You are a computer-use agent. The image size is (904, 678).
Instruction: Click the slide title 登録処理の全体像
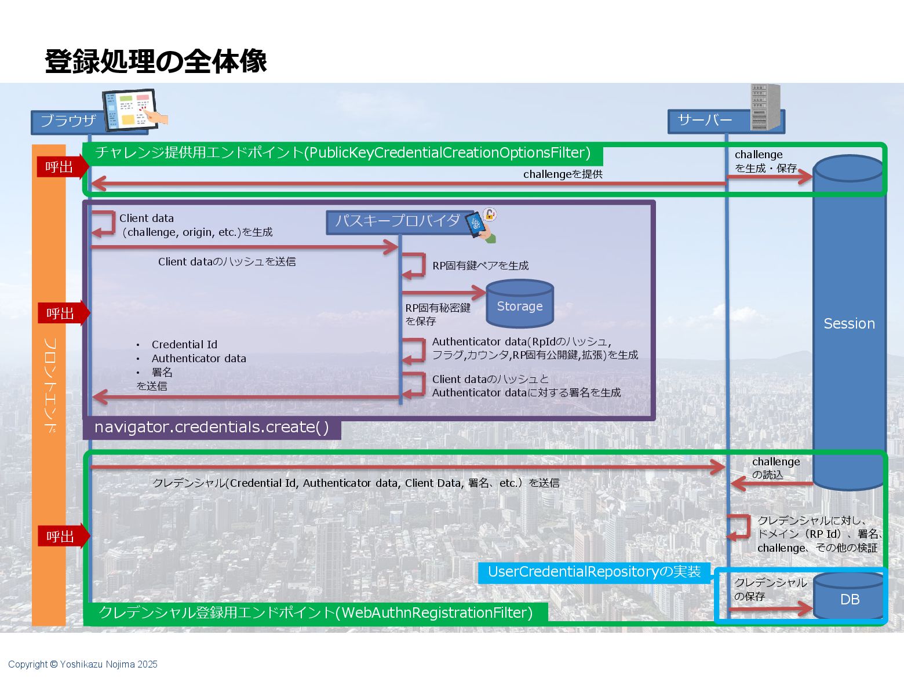pyautogui.click(x=155, y=61)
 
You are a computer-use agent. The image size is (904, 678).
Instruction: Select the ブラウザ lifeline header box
pyautogui.click(x=68, y=121)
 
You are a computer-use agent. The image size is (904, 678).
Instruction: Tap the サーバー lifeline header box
pyautogui.click(x=706, y=121)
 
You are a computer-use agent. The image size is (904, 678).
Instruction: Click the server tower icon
pyautogui.click(x=765, y=107)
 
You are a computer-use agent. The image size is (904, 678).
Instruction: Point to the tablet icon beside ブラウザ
pyautogui.click(x=132, y=110)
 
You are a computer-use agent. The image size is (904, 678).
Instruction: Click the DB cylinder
pyautogui.click(x=849, y=597)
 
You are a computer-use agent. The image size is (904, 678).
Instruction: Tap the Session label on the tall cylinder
pyautogui.click(x=849, y=323)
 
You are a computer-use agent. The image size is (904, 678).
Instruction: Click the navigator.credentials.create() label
pyautogui.click(x=212, y=428)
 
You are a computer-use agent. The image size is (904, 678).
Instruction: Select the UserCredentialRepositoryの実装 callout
pyautogui.click(x=594, y=572)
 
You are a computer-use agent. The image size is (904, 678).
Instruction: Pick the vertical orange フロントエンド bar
pyautogui.click(x=49, y=385)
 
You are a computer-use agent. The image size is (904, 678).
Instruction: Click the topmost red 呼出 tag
pyautogui.click(x=60, y=167)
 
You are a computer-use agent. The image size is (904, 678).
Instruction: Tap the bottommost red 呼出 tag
pyautogui.click(x=60, y=536)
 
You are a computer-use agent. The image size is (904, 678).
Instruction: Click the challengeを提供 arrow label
pyautogui.click(x=562, y=174)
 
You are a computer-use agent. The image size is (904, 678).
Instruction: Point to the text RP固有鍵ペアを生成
pyautogui.click(x=480, y=265)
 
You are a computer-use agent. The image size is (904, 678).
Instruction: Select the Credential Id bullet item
pyautogui.click(x=184, y=344)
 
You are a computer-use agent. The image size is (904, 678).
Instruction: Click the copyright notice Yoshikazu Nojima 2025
pyautogui.click(x=83, y=664)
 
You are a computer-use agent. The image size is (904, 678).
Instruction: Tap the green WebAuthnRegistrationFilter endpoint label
pyautogui.click(x=315, y=613)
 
